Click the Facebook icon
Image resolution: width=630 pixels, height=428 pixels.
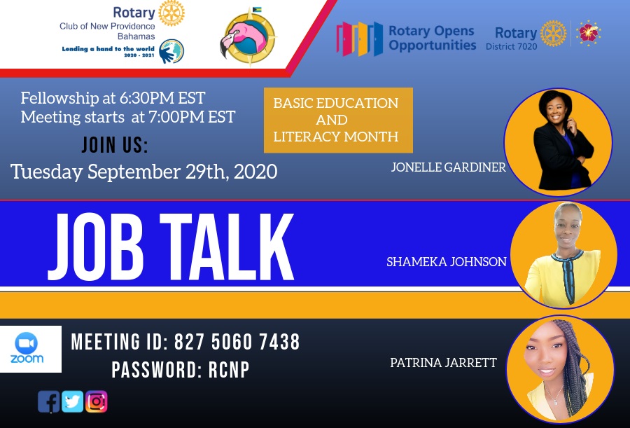[x=48, y=401]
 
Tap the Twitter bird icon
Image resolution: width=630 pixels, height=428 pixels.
[x=72, y=401]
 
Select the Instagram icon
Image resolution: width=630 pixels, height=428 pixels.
[x=96, y=401]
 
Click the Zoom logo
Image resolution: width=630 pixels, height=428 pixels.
[x=27, y=349]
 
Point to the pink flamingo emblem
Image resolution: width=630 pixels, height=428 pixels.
[x=248, y=37]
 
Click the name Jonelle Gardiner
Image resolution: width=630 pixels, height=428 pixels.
[x=449, y=167]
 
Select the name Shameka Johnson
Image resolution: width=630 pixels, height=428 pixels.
[x=447, y=262]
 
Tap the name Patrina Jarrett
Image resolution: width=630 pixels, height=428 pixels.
[x=443, y=362]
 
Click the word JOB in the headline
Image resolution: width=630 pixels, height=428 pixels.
[x=96, y=247]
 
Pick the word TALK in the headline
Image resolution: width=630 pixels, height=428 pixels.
[x=227, y=247]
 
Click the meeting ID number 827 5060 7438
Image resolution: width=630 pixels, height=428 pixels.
[x=237, y=342]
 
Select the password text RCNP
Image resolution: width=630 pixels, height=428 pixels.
[x=229, y=370]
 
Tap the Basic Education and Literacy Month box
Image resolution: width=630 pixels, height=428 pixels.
[x=338, y=120]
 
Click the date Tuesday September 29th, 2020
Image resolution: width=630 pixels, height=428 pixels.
[x=143, y=172]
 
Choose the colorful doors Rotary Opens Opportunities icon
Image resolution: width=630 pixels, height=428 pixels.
[x=360, y=39]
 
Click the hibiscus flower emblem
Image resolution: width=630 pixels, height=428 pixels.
[x=589, y=33]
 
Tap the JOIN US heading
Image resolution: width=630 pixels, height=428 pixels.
[x=115, y=145]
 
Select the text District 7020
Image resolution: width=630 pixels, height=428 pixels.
[x=511, y=47]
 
